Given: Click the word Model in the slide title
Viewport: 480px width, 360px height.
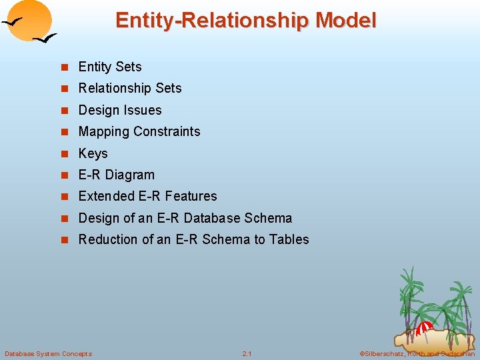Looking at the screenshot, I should click(x=345, y=21).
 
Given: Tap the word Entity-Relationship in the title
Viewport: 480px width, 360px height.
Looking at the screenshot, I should click(x=212, y=21).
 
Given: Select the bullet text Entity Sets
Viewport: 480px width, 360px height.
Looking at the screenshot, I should click(x=110, y=67).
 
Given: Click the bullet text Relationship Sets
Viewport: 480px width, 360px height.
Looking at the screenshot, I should click(x=130, y=88).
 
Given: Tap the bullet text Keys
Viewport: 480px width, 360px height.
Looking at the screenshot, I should click(x=93, y=153).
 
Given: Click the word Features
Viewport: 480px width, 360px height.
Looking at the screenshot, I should click(x=191, y=196).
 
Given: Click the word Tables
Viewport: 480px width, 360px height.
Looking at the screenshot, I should click(x=289, y=239).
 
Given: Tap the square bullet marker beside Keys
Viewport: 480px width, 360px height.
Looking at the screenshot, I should click(x=65, y=153).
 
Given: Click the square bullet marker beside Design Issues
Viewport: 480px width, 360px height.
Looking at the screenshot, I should click(x=65, y=110).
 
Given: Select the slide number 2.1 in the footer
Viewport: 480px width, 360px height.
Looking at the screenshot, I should click(x=247, y=353).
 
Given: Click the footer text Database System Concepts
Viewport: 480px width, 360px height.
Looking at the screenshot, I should click(x=48, y=353).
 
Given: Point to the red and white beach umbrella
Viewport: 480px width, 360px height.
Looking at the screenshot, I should click(x=424, y=327).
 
